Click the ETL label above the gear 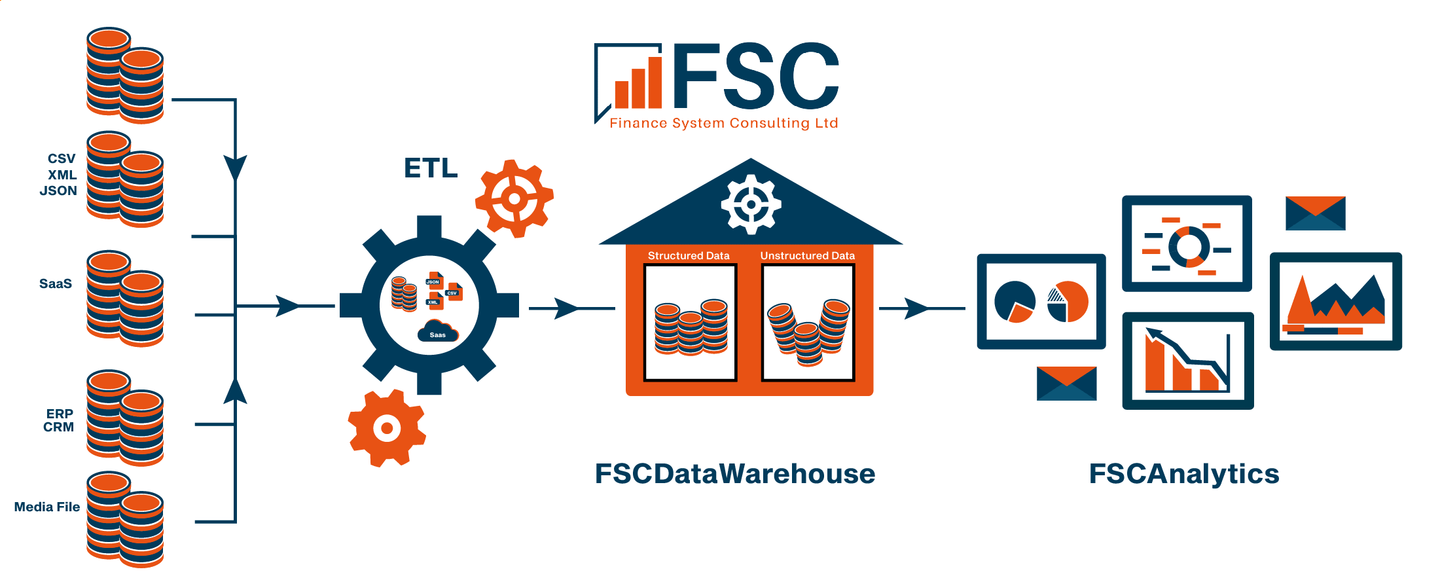(430, 168)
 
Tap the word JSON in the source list (58, 190)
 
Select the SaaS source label (56, 283)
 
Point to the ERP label (60, 414)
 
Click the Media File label (47, 507)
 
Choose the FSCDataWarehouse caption (734, 473)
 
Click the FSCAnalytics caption (1183, 473)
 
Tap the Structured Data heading (689, 255)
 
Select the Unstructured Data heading (807, 255)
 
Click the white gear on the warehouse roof (751, 204)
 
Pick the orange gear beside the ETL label (514, 198)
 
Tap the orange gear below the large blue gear (387, 428)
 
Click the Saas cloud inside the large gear (437, 331)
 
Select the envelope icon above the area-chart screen (1315, 213)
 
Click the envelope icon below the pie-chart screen (1066, 383)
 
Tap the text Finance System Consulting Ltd (723, 123)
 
